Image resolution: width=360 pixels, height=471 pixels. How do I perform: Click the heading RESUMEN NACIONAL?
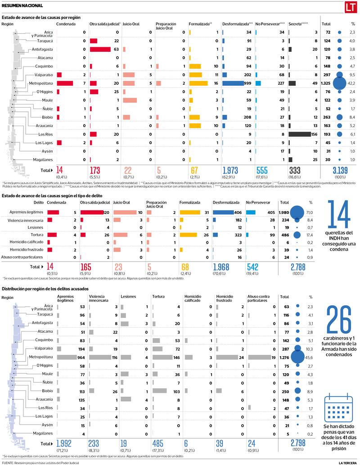click(22, 6)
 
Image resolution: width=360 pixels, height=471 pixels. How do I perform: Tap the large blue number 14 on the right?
click(338, 216)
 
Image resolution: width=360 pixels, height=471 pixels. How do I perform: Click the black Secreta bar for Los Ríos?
click(300, 134)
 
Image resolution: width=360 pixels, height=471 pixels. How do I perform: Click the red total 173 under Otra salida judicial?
click(95, 170)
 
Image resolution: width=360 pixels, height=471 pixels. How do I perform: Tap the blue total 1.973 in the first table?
click(234, 170)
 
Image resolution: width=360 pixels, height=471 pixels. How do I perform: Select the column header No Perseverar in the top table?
click(270, 23)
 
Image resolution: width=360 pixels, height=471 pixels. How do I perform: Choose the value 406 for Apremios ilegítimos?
click(238, 212)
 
